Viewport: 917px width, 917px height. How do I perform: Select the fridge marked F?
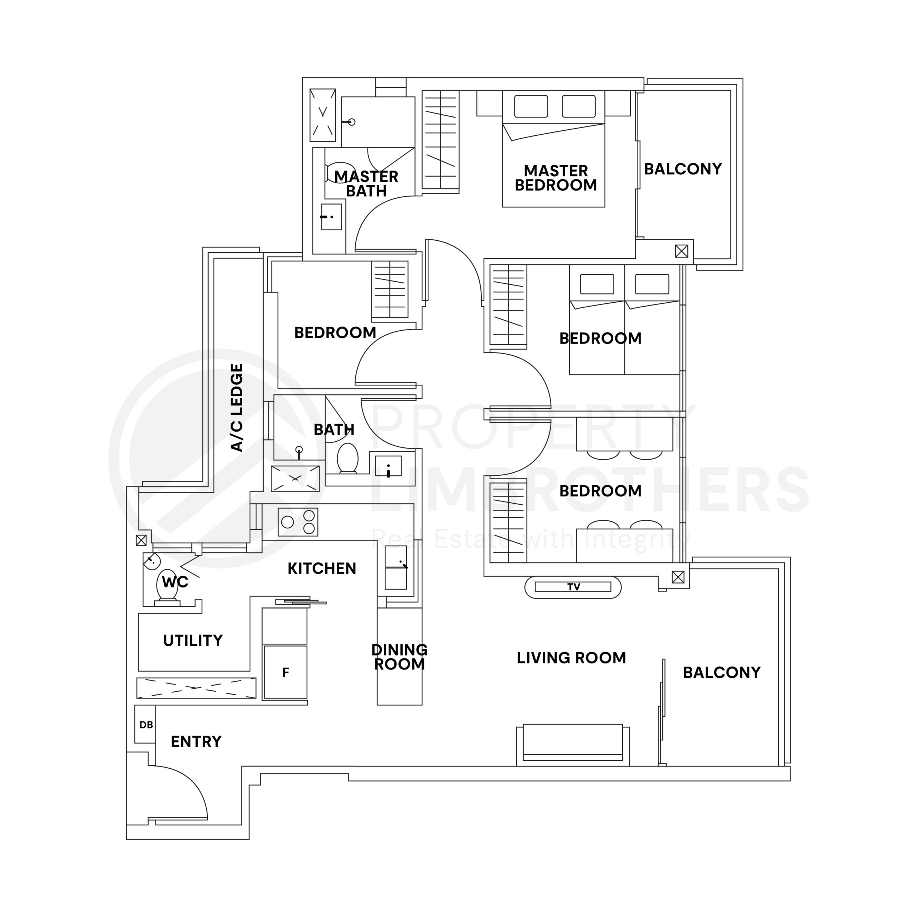click(x=285, y=672)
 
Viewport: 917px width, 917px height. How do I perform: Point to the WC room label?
click(x=175, y=582)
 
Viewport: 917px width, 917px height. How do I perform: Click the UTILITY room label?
click(x=193, y=641)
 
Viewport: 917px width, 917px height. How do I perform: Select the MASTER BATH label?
click(x=366, y=184)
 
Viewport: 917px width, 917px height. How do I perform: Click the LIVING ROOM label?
click(x=571, y=658)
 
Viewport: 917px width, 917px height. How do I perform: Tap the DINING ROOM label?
click(x=399, y=657)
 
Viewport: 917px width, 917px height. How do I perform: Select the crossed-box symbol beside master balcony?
click(x=681, y=251)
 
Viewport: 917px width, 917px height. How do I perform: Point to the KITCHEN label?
click(x=322, y=568)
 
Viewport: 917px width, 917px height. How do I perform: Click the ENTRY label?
click(x=196, y=741)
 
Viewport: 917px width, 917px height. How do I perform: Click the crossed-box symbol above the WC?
click(x=141, y=540)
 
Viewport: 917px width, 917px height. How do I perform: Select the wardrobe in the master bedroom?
click(x=441, y=140)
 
